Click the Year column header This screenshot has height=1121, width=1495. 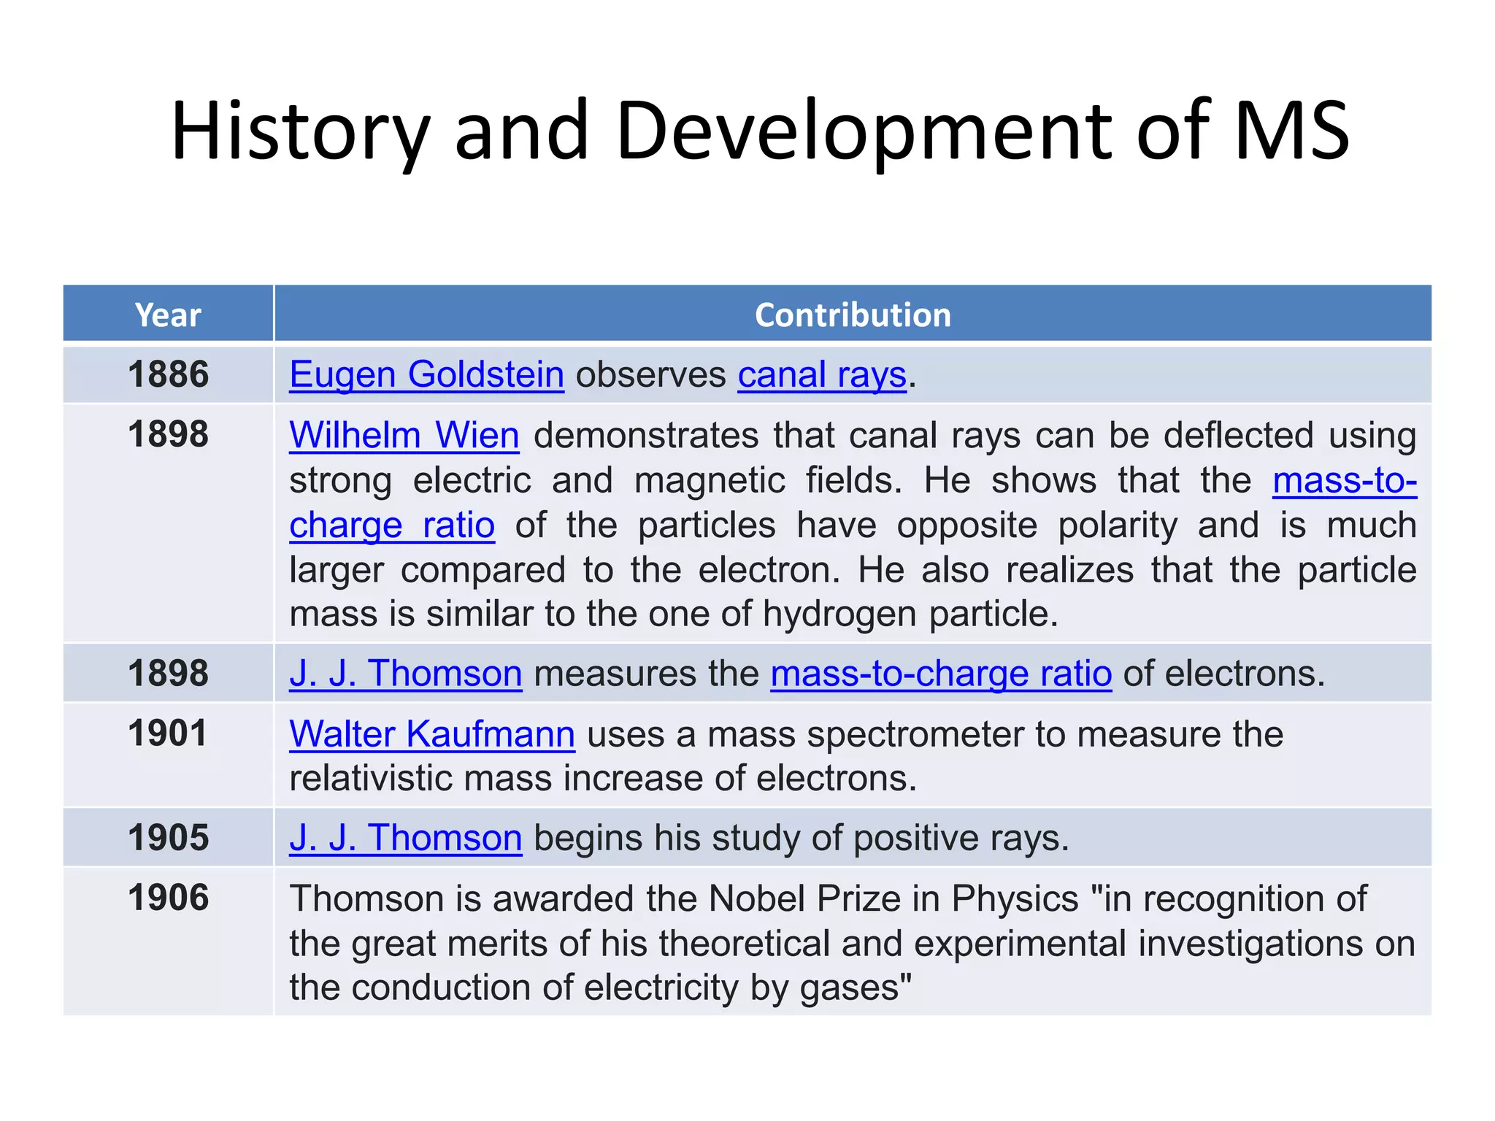(x=168, y=315)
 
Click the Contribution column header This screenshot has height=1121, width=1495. (x=853, y=315)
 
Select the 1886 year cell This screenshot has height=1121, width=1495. (x=168, y=374)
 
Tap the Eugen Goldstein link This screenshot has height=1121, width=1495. (x=426, y=375)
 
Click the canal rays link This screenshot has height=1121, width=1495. (x=822, y=375)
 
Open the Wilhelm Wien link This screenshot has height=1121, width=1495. (x=404, y=436)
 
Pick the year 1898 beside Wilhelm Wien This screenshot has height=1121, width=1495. (x=168, y=435)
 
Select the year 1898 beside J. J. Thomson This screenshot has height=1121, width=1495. (x=168, y=673)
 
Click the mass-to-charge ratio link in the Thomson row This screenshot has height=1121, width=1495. (x=941, y=674)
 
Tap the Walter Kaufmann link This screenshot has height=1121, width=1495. (x=432, y=734)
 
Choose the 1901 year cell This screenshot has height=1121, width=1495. (x=168, y=733)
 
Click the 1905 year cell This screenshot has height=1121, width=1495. (x=168, y=838)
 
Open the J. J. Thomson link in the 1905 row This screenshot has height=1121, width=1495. (x=405, y=838)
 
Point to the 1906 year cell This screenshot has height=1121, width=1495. (x=168, y=898)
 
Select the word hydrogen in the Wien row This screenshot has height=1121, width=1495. (x=839, y=615)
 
